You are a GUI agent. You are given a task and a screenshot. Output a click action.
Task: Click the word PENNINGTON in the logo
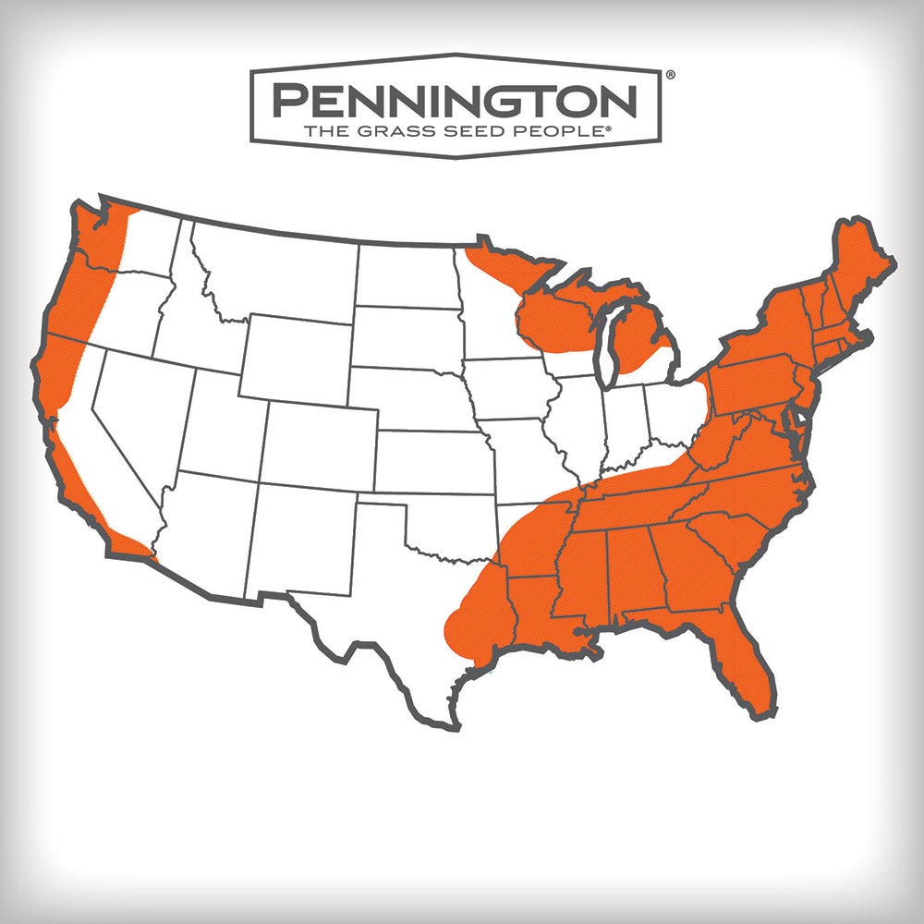tap(455, 99)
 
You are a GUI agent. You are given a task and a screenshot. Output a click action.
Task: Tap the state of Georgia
tap(688, 568)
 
